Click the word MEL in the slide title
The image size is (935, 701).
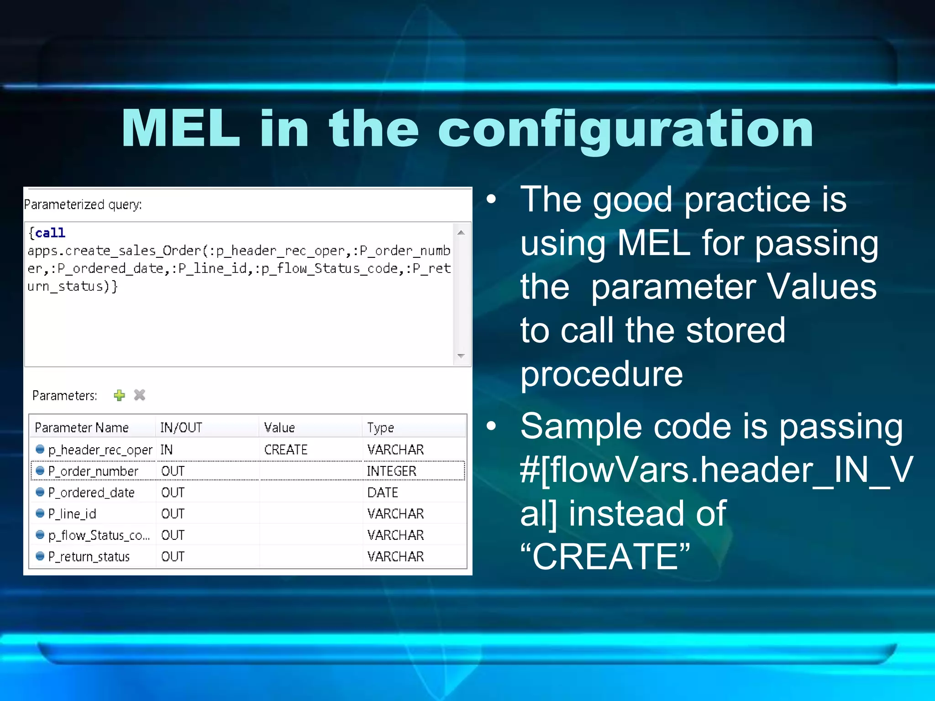[181, 129]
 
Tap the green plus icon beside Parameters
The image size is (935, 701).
[120, 395]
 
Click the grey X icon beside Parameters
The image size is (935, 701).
[140, 395]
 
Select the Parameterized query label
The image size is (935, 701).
[83, 204]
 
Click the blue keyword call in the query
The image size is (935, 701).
[50, 233]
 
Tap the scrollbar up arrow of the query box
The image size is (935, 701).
[461, 233]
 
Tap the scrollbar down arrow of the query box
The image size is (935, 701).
[461, 356]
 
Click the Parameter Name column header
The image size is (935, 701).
[82, 428]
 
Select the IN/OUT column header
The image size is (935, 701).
[181, 428]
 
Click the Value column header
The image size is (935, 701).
[279, 428]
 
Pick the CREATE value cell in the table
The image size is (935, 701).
[286, 450]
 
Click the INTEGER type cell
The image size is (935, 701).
[392, 471]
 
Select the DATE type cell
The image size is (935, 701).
[383, 492]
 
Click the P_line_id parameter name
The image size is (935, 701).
[72, 514]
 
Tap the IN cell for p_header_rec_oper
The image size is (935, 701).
[167, 450]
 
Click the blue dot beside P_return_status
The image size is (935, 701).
[40, 556]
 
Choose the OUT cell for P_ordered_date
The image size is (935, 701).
[173, 492]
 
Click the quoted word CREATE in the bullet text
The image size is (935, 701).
[605, 556]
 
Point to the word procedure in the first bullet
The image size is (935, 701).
[602, 374]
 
